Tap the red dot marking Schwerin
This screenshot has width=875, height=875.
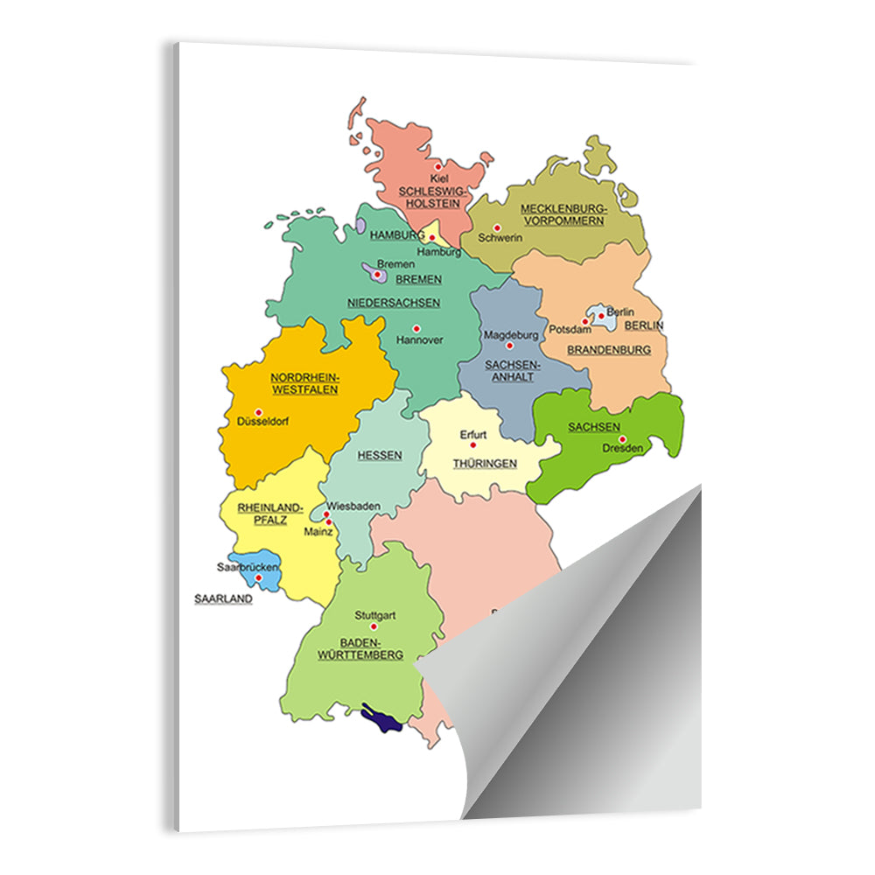pos(497,227)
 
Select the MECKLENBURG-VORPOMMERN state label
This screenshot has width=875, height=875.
pos(563,214)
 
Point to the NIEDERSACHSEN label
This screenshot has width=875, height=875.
pos(393,303)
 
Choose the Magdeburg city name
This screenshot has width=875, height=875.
pos(511,335)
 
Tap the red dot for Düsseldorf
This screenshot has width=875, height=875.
pos(258,411)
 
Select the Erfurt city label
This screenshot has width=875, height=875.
pos(473,434)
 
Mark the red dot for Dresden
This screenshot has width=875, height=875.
pos(622,438)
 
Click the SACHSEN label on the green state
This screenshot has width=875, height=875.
pos(587,427)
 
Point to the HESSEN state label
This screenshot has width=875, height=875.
pos(380,455)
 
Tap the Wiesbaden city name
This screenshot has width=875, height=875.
pos(353,506)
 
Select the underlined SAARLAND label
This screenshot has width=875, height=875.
pos(223,599)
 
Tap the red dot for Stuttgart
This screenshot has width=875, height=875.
pos(374,626)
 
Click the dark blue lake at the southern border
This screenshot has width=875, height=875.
pos(382,720)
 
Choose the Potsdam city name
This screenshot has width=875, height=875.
pos(566,330)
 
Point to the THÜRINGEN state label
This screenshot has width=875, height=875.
pos(485,464)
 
